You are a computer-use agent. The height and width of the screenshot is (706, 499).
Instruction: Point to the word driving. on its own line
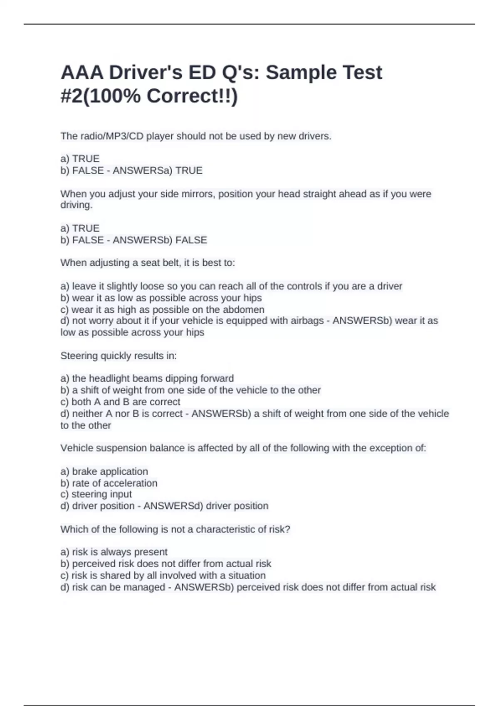coord(77,205)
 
